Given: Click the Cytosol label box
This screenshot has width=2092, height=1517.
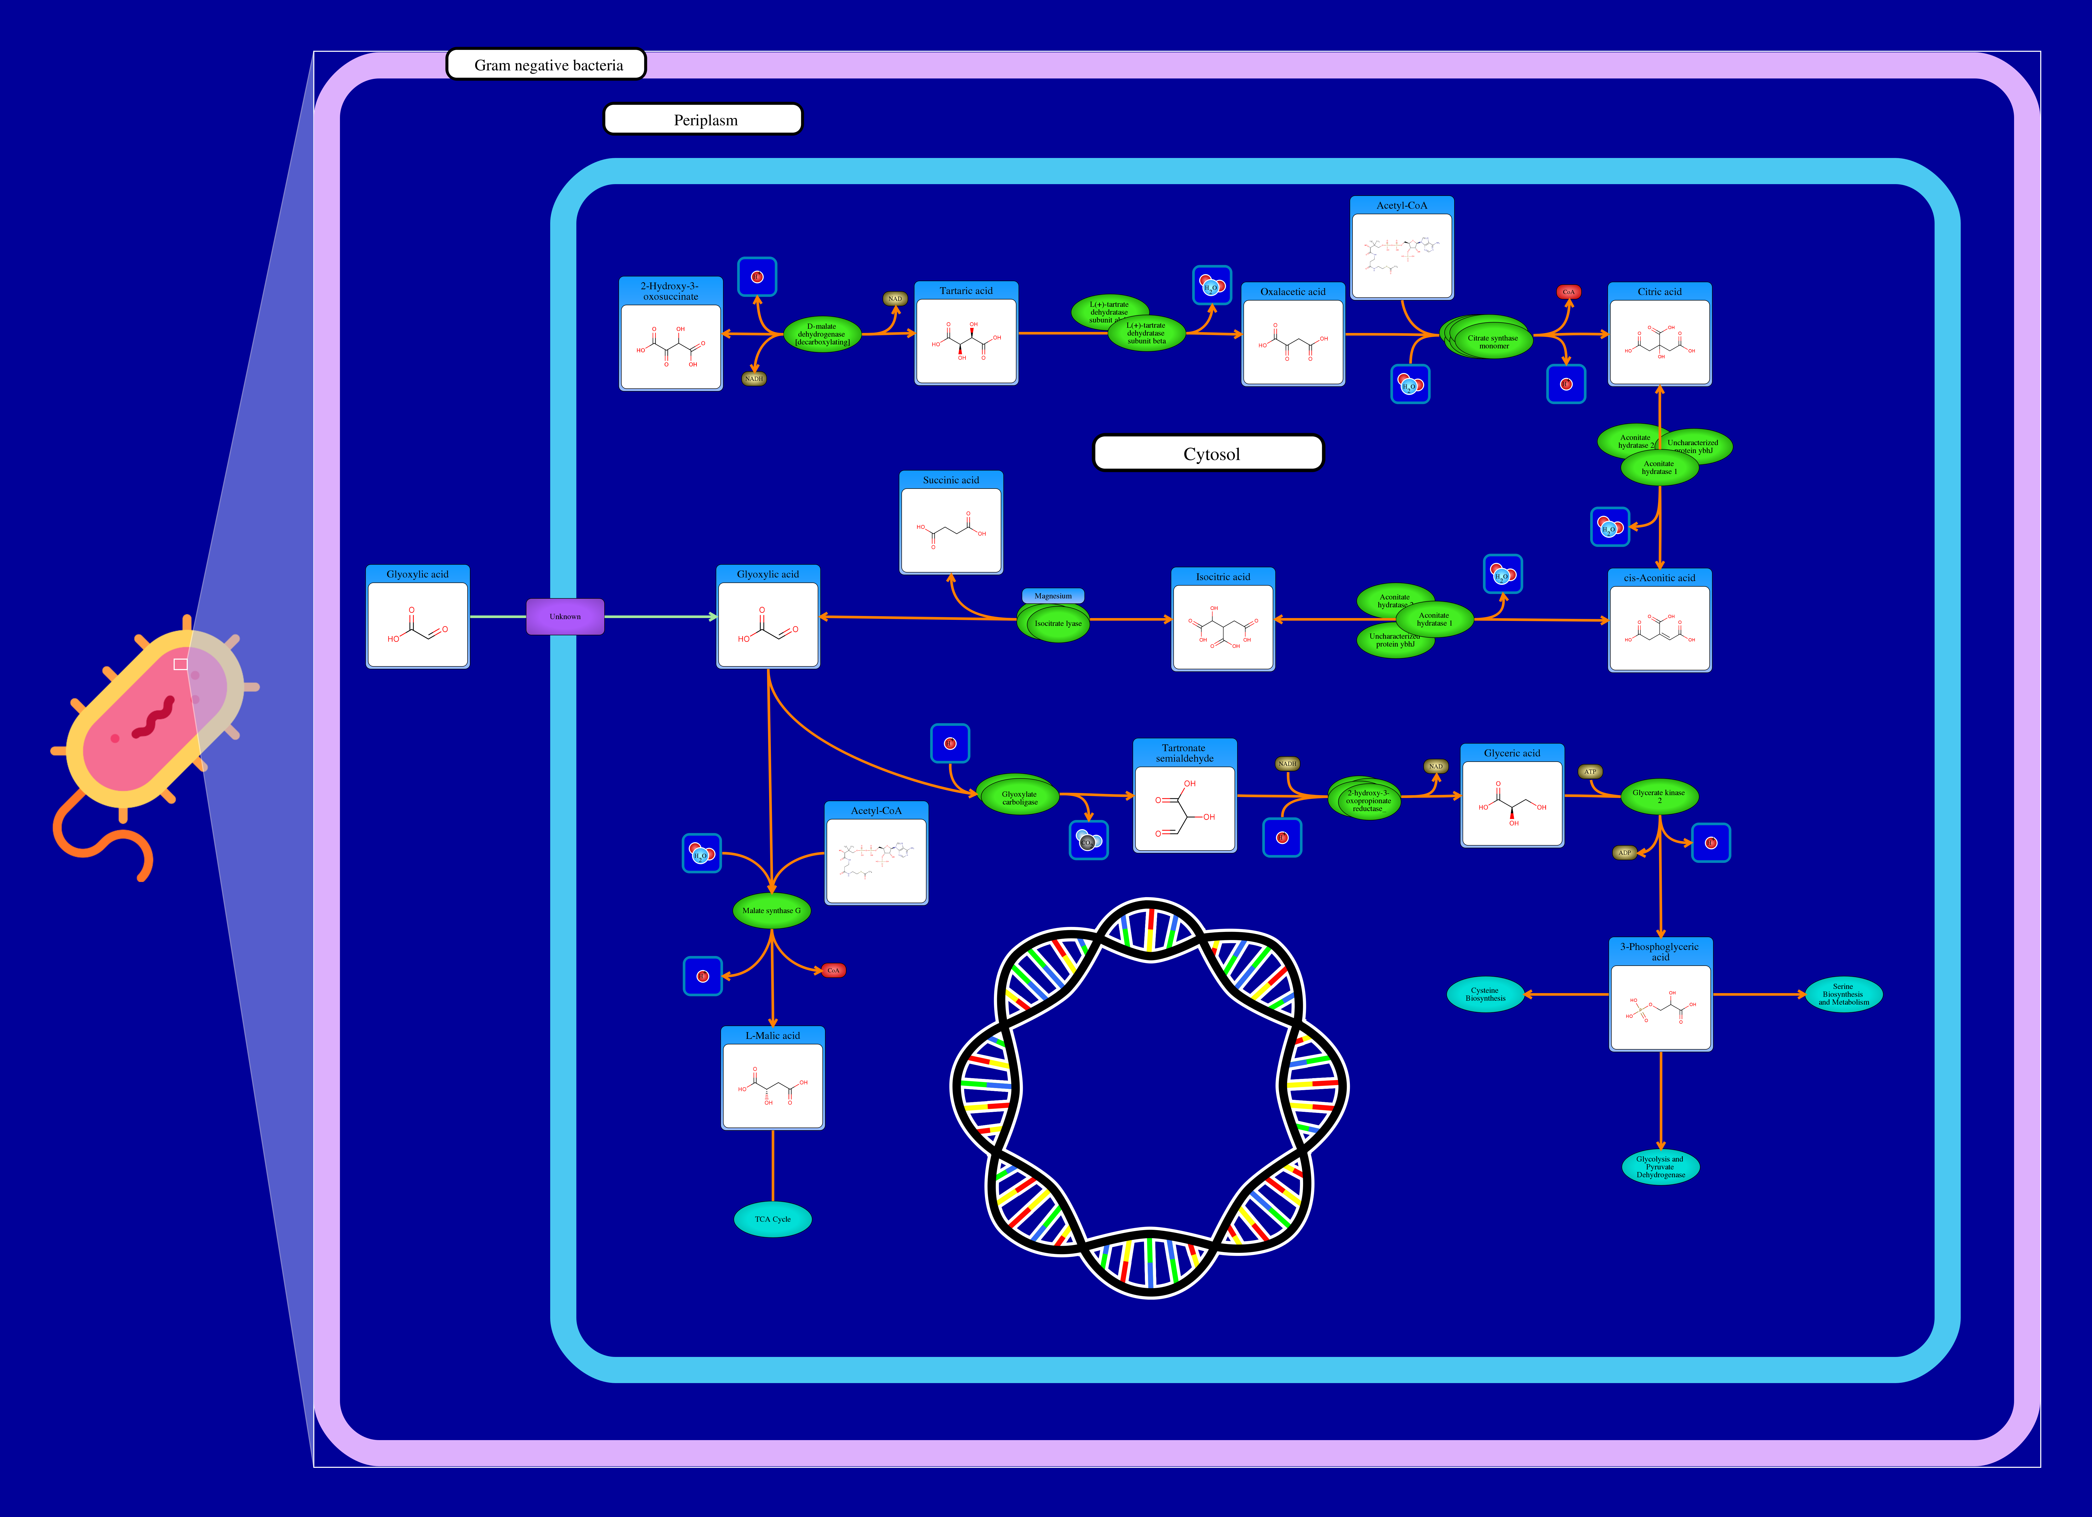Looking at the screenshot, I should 1208,453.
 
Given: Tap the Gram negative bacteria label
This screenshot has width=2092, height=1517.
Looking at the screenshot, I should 546,65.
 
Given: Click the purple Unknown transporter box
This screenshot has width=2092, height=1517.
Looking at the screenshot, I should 565,616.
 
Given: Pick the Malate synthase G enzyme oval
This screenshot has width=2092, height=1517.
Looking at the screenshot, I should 771,911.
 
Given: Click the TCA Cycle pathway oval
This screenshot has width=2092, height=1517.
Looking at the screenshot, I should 772,1219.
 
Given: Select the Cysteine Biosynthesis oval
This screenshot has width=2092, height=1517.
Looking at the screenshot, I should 1485,994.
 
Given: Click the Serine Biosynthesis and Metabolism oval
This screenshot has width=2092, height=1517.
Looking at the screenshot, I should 1843,994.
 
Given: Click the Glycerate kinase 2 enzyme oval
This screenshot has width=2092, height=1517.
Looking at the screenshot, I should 1658,795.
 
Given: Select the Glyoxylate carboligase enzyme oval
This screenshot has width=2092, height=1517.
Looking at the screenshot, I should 1018,797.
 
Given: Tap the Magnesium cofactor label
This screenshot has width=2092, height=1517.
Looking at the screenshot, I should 1053,596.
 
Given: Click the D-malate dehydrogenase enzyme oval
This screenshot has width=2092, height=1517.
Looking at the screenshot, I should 822,334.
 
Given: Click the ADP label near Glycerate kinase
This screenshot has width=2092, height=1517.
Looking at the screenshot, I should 1624,853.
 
